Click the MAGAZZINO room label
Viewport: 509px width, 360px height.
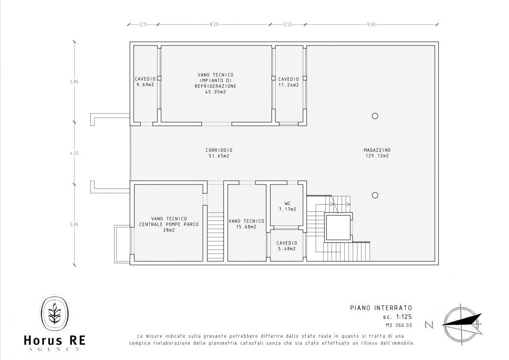coord(377,153)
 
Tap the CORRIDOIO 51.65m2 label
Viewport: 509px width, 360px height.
coord(219,153)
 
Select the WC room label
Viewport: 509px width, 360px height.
coord(288,206)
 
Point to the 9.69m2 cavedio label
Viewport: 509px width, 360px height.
coord(145,82)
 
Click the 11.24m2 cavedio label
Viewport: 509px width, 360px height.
coord(288,82)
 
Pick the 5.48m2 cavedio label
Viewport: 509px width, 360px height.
coord(287,246)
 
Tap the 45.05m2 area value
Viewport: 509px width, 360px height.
coord(215,92)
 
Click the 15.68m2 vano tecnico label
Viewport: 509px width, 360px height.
coord(246,224)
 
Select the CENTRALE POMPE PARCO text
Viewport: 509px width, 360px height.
coord(169,224)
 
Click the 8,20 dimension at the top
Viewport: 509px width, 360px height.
coord(214,25)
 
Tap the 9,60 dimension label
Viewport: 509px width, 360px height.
coord(371,25)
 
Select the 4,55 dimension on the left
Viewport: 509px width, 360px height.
coord(75,153)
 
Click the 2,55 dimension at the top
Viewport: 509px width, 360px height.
coord(288,25)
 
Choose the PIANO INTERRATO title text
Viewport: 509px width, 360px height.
coord(381,308)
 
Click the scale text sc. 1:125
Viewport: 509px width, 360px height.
coord(397,317)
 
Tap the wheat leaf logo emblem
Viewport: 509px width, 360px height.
coord(55,314)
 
